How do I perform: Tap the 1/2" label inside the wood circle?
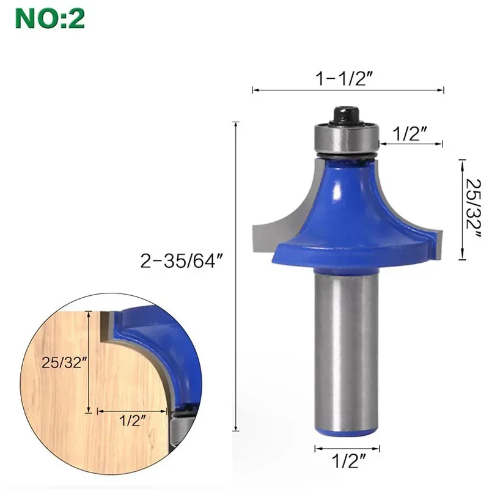131,421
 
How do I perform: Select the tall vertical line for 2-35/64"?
236,275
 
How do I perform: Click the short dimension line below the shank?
347,449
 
